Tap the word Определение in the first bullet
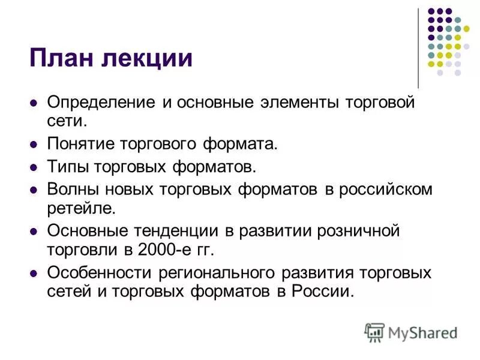pyautogui.click(x=101, y=103)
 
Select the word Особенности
pyautogui.click(x=99, y=273)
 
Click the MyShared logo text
pyautogui.click(x=422, y=332)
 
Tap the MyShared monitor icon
pyautogui.click(x=375, y=332)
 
